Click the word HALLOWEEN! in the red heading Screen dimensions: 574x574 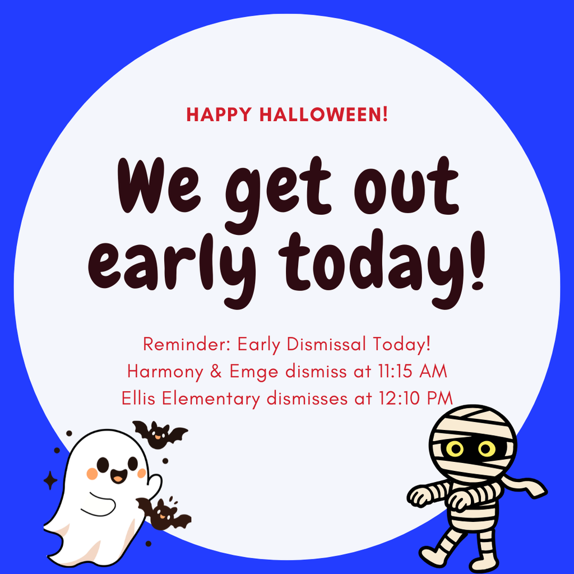click(323, 114)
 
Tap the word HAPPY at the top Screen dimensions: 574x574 click(219, 114)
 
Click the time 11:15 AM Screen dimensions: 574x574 click(412, 371)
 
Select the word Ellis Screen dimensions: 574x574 click(138, 399)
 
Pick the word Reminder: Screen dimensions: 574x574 click(187, 344)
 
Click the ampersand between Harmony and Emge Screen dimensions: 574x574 click(216, 371)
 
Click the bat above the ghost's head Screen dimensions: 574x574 click(160, 434)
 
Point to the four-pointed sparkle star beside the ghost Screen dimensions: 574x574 click(50, 480)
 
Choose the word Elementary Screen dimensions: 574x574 click(211, 399)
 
